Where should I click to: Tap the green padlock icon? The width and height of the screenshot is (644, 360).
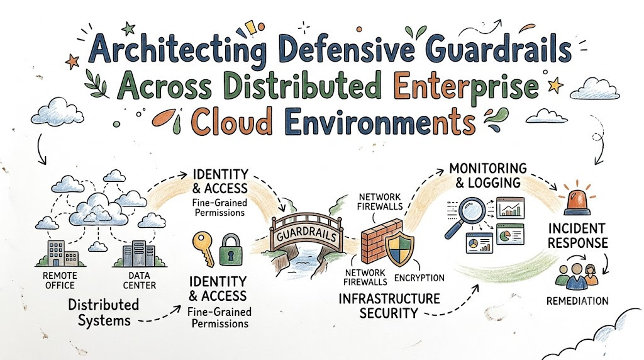(x=231, y=249)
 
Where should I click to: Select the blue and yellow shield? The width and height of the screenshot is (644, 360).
(x=400, y=248)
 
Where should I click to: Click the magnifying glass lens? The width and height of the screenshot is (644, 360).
(x=471, y=211)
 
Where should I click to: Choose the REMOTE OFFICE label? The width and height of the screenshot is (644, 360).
(x=60, y=280)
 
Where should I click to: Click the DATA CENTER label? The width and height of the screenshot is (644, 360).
(x=140, y=280)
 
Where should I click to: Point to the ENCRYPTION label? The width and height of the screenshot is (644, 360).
(x=419, y=278)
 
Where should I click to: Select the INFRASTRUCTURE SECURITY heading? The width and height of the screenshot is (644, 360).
(x=389, y=306)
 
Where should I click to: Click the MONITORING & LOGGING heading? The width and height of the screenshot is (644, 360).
(x=488, y=176)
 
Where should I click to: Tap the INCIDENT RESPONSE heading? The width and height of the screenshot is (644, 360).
(x=577, y=235)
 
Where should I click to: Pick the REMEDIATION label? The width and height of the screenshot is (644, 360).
(x=577, y=301)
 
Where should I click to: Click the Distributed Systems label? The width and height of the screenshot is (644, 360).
(x=104, y=312)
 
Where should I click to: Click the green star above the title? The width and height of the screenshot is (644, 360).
(x=129, y=28)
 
